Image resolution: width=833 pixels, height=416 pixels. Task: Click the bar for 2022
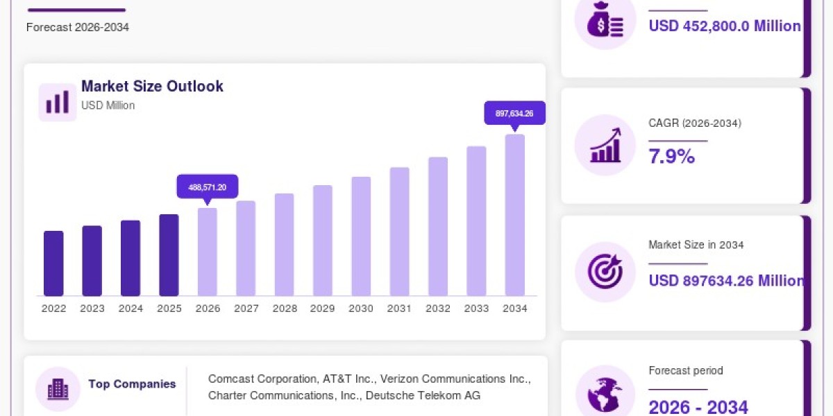coord(53,263)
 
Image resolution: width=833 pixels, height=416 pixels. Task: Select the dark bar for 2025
coord(169,255)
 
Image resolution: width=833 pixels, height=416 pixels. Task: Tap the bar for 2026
coord(207,252)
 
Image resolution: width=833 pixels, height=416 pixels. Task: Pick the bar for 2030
coord(361,236)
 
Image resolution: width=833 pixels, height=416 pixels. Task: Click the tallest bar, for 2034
coord(515,215)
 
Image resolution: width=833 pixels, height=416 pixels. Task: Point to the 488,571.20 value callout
coord(208,187)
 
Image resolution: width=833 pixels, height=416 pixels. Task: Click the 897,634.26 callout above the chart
coord(514,113)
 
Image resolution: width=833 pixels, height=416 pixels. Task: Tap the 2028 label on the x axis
coord(285,309)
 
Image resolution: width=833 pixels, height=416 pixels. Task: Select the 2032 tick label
coord(438,309)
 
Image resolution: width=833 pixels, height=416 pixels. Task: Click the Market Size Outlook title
coord(152,86)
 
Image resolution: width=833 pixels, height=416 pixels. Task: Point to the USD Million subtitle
coord(108,105)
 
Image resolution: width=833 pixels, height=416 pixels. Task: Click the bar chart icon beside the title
coord(58,102)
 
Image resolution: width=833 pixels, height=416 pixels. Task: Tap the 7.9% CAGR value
coord(672,156)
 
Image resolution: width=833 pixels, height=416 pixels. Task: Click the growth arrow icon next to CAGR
coord(605,145)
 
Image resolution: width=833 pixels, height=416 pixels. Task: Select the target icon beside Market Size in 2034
coord(605,272)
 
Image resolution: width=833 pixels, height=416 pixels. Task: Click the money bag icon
coord(605,19)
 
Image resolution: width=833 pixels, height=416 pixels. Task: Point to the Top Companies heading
coord(132,383)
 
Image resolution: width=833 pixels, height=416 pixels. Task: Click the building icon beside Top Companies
coord(58,389)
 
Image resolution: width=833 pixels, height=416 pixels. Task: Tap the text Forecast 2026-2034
coord(78,27)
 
